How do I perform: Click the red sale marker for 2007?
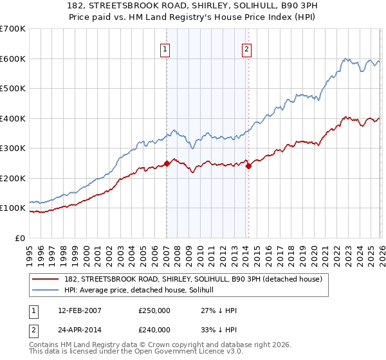(167, 163)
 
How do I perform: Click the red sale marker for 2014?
(248, 166)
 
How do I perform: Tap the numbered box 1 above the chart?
(165, 48)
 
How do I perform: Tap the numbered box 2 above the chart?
(247, 48)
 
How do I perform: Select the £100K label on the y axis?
(13, 208)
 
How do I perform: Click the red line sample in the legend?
(45, 280)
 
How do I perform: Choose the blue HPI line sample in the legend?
(45, 290)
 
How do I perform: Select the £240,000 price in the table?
(154, 329)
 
